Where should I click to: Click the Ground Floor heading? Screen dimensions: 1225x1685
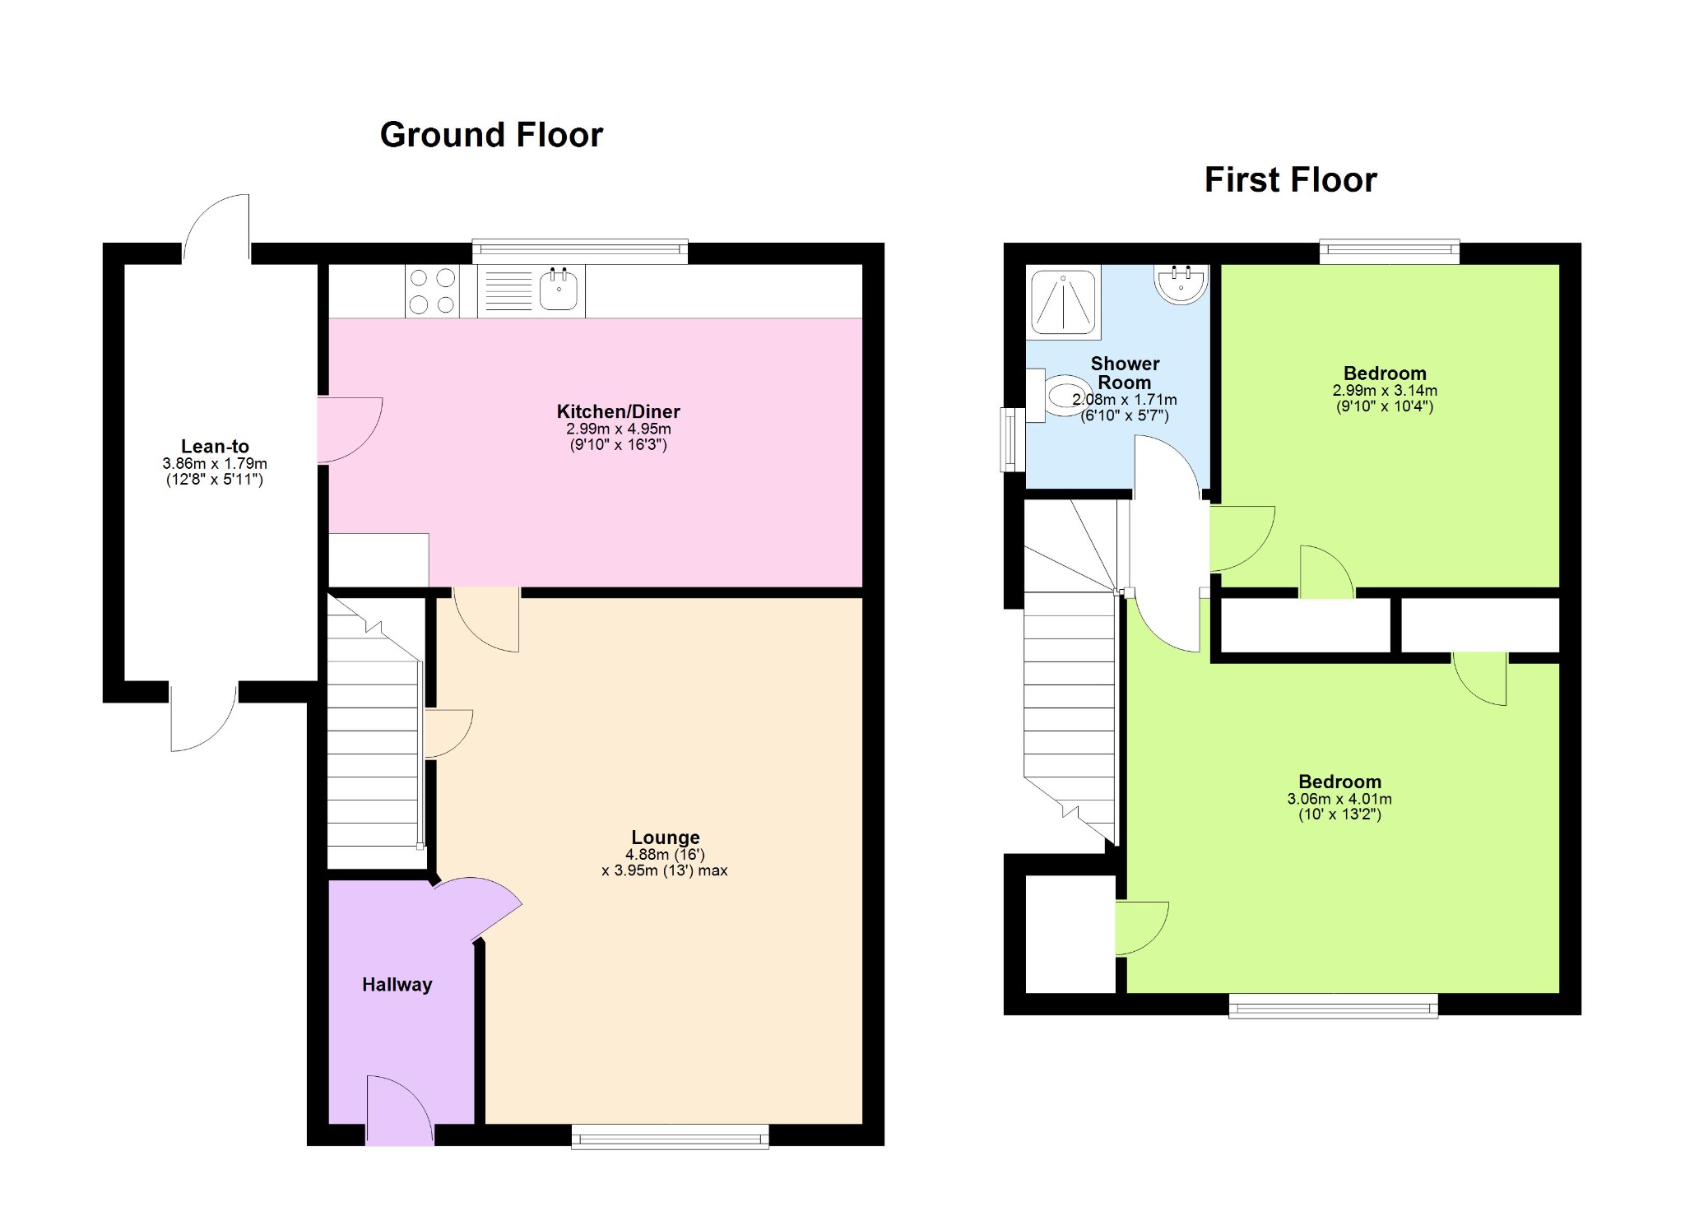point(491,135)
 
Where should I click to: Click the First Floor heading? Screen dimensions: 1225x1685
point(1289,180)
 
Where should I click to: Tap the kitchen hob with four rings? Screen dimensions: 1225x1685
point(432,291)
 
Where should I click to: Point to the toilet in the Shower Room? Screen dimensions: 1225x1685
point(1063,397)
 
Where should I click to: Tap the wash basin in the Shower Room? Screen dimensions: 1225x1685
point(1181,282)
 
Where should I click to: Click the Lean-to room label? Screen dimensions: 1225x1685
point(215,447)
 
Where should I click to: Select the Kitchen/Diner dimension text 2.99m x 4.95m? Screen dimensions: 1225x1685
point(618,429)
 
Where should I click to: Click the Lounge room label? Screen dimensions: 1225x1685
point(665,838)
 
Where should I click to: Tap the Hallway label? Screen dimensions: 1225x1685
point(397,985)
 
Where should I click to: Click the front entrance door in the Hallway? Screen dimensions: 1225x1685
point(399,1111)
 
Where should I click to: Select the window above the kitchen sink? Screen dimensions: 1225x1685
point(579,250)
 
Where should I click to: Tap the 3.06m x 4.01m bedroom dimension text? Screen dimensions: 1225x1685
point(1339,799)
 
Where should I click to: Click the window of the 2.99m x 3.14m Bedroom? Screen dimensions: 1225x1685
point(1389,250)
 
